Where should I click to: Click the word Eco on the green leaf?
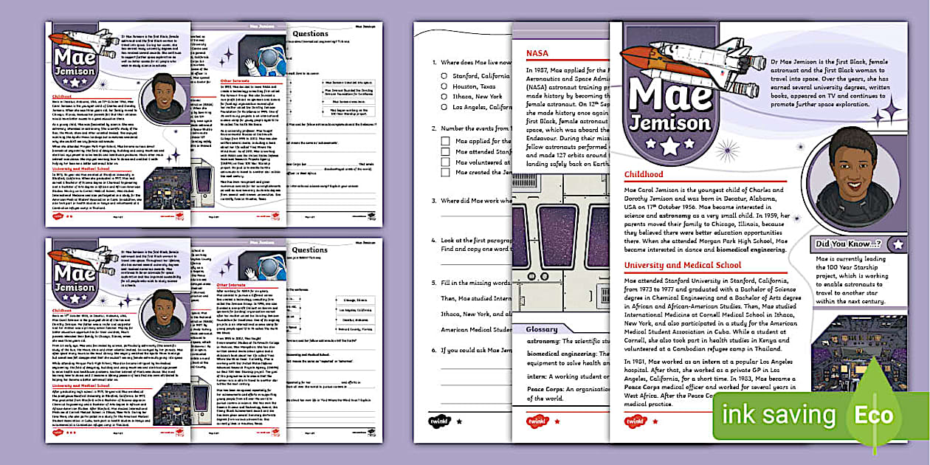[x=873, y=416]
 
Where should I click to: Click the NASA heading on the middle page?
[x=537, y=53]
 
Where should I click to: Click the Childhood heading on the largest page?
[x=644, y=175]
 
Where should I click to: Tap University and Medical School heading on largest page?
[x=683, y=265]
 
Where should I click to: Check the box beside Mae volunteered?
[x=445, y=162]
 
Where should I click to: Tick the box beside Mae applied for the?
[x=445, y=140]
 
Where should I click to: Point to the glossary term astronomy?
[x=548, y=341]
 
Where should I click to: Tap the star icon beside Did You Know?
[x=898, y=244]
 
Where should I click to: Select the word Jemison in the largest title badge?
[x=670, y=122]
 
